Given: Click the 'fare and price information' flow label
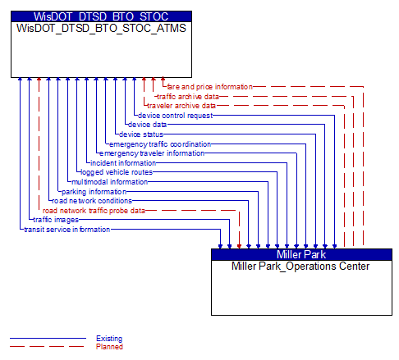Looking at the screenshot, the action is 209,87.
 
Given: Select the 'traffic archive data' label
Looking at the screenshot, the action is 188,97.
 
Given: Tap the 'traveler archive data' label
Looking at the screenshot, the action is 181,106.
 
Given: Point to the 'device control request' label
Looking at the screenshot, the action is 175,116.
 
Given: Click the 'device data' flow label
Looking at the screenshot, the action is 147,125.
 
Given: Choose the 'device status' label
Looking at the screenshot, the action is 141,134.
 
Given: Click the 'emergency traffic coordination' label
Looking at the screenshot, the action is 160,144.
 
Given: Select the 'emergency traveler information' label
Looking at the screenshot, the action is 152,153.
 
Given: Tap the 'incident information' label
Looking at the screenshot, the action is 123,163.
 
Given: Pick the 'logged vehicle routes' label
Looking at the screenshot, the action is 117,172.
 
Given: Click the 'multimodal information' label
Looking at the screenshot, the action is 109,182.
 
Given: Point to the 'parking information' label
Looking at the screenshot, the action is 94,192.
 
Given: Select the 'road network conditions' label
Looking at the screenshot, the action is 92,201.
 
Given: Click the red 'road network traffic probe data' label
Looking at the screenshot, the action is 94,211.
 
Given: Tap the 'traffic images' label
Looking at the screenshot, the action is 56,220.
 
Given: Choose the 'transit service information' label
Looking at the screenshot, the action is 67,230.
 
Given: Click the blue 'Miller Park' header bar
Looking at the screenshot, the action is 301,254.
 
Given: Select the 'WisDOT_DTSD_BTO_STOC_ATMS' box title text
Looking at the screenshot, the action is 101,28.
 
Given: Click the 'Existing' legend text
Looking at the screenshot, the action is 109,339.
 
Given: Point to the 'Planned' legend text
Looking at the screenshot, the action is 109,347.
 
